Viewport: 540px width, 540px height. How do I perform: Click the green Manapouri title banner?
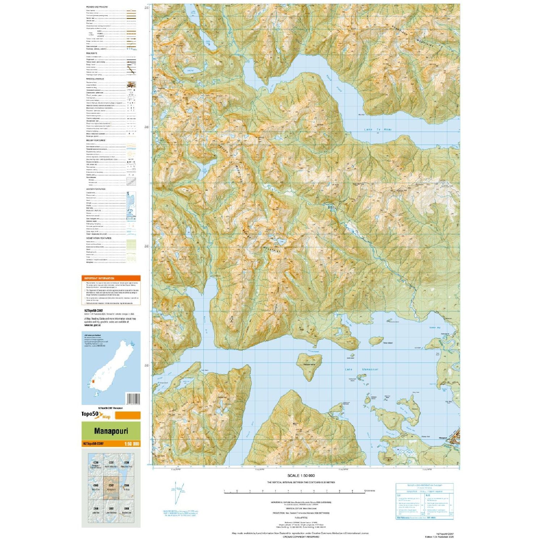[111, 431]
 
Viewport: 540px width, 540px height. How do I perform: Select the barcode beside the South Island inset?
[133, 399]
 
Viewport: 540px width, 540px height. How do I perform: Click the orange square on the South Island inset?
[93, 381]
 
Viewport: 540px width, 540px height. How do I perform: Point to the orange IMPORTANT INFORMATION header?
[99, 278]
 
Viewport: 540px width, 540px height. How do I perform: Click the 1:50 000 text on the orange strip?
[131, 444]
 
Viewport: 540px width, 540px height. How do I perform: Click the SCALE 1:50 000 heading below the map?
[301, 476]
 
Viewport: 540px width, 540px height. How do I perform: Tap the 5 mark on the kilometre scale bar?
[288, 491]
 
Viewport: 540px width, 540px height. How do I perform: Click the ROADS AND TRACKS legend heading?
[97, 7]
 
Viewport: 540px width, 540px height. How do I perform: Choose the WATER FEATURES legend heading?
[96, 189]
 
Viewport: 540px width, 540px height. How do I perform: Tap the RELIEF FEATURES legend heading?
[96, 140]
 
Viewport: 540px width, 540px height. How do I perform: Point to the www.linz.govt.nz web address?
[92, 325]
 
